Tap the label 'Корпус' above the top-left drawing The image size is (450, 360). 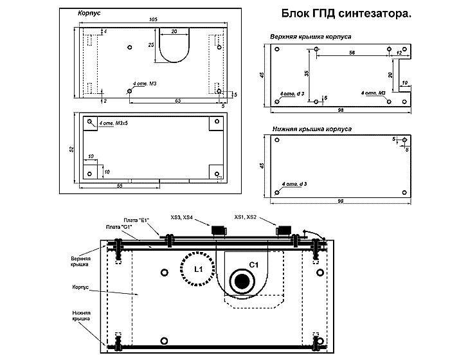[x=88, y=13]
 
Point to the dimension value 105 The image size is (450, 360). [x=152, y=20]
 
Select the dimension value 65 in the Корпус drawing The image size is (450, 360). [x=177, y=101]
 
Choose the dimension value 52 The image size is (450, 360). [x=71, y=149]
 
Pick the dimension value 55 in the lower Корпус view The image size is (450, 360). [x=120, y=185]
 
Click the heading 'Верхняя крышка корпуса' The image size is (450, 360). [x=310, y=37]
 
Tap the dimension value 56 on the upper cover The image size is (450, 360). [x=352, y=54]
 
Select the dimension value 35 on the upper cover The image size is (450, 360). [x=307, y=73]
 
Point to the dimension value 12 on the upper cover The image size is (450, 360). [x=399, y=52]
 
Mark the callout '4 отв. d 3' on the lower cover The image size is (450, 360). [x=292, y=184]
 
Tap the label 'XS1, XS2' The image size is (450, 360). [x=246, y=217]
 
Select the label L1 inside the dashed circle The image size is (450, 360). [x=199, y=270]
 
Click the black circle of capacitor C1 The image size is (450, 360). [x=243, y=281]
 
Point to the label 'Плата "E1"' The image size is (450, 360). [x=136, y=221]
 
